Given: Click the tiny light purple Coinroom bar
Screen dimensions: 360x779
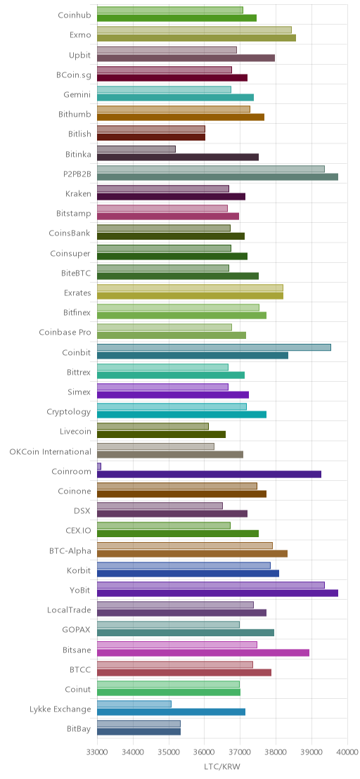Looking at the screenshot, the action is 99,466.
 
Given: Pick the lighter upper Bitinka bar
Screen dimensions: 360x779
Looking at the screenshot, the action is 136,149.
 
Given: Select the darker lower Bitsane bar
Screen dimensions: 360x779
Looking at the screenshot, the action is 203,652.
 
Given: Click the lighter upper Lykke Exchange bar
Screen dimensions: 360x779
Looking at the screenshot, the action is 134,704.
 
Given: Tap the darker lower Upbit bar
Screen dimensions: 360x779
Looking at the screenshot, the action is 186,58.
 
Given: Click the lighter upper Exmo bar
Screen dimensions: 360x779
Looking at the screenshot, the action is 194,30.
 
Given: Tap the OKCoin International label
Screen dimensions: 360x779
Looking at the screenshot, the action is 50,451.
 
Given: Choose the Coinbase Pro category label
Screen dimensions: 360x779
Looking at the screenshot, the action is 65,333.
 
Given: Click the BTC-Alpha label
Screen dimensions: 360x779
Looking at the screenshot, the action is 70,551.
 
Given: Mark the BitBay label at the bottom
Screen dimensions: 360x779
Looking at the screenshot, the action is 79,729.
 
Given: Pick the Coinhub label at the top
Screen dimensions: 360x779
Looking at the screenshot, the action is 75,15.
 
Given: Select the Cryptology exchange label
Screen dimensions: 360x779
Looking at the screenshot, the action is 69,412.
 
